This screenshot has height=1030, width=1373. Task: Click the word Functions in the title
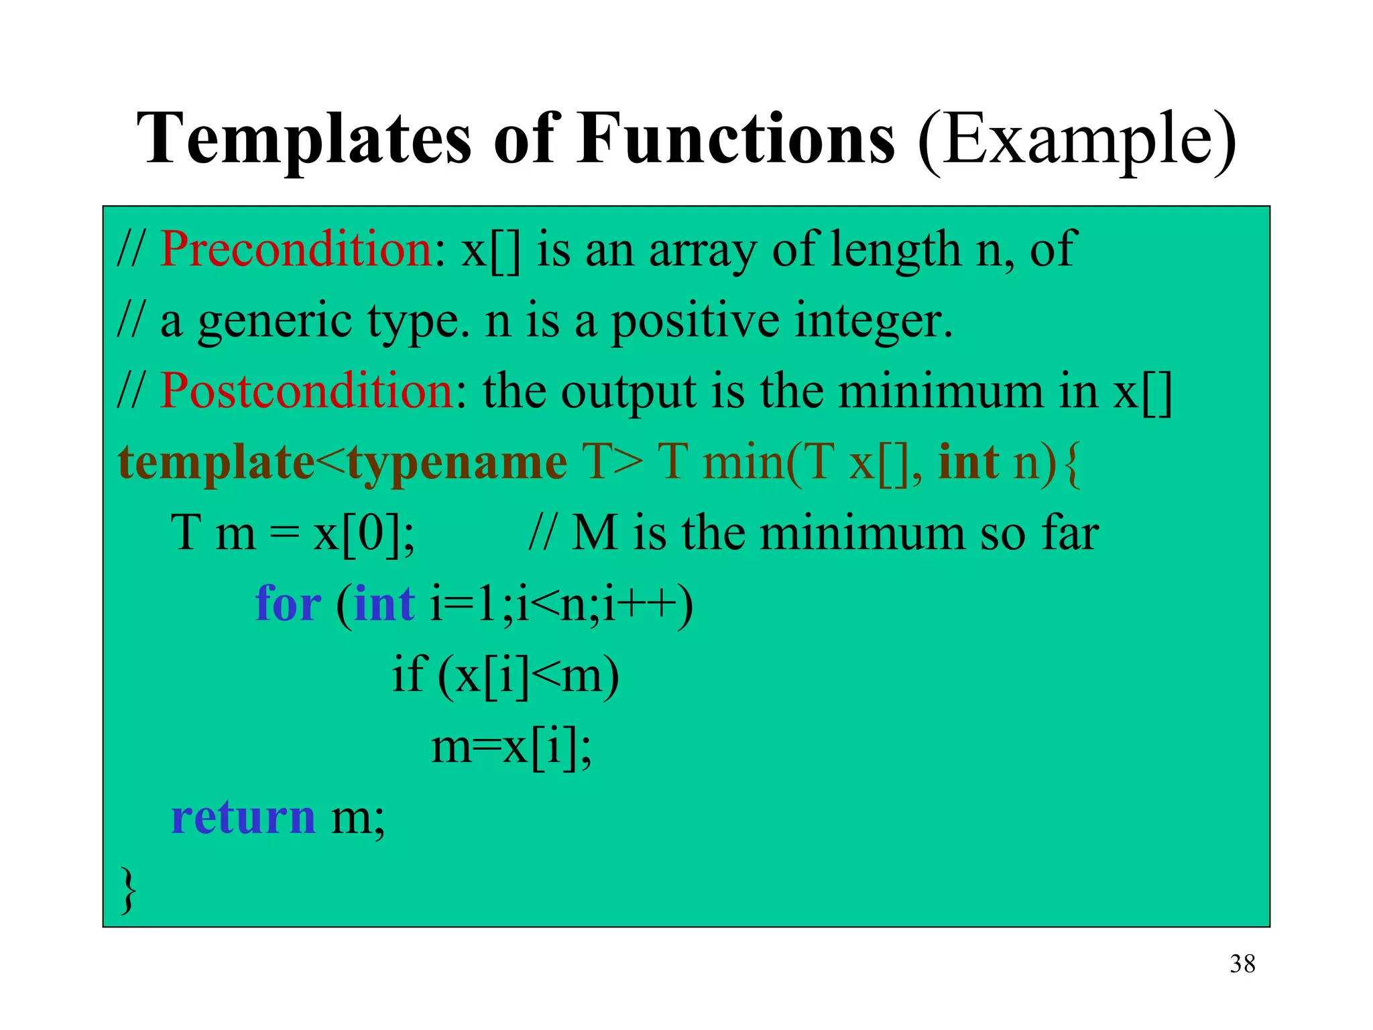(x=735, y=139)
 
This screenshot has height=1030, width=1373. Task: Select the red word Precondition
(x=296, y=249)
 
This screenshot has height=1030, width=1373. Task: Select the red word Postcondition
(x=307, y=391)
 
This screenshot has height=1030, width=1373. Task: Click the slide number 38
(x=1242, y=964)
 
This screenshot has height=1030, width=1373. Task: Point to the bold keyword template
(x=216, y=463)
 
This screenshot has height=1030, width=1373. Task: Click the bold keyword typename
(x=457, y=464)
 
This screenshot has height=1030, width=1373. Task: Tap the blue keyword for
(x=288, y=604)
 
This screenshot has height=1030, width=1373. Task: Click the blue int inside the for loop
(x=384, y=604)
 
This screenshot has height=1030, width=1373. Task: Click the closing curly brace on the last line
(x=128, y=891)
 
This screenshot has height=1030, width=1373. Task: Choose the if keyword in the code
(x=407, y=674)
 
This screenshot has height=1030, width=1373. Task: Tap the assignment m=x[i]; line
(x=511, y=747)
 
